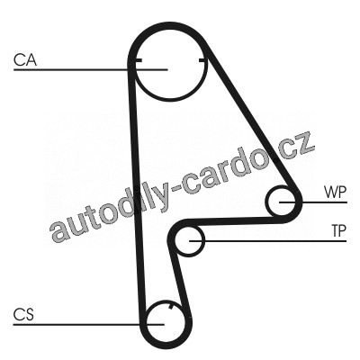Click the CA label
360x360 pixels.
pos(25,59)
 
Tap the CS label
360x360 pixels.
pos(23,314)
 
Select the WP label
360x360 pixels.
pos(335,192)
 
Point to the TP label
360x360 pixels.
pos(338,230)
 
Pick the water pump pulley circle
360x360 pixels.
pos(267,202)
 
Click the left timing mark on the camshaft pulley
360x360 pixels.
pos(138,60)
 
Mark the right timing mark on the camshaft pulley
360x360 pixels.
pos(203,61)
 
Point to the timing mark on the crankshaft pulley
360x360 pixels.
pos(171,307)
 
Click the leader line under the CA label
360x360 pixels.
pos(90,70)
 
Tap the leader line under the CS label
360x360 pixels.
pos(89,324)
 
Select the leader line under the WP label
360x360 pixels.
pos(313,202)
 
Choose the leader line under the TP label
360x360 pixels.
pos(268,241)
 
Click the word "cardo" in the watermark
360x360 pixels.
pos(226,172)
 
